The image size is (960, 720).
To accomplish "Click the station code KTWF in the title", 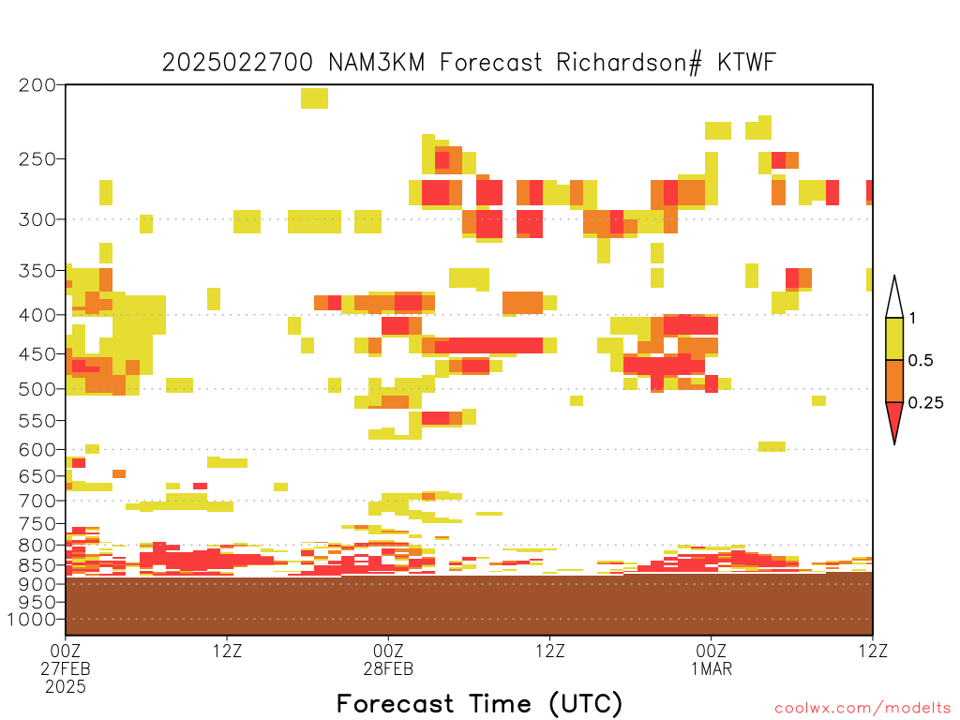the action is pos(746,63).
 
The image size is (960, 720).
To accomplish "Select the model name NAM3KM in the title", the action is pos(377,63).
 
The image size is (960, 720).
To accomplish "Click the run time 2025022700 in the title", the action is pos(237,63).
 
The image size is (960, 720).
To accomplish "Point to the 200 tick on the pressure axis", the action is pos(37,85).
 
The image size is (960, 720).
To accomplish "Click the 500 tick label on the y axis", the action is pos(37,389).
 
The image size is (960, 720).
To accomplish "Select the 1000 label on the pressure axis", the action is pos(32,620).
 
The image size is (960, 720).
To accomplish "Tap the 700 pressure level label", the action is pos(37,501).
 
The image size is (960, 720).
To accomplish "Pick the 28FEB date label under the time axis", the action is pos(388,668).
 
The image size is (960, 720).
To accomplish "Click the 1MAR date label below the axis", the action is pos(712,668).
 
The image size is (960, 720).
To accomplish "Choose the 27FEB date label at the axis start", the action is pos(66,668).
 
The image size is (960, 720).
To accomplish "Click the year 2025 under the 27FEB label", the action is pos(66,687).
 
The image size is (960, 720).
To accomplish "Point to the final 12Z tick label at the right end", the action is pos(873,651).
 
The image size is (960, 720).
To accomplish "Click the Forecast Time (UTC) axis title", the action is pos(479,704).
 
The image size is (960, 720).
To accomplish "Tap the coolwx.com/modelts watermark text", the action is pos(863,709).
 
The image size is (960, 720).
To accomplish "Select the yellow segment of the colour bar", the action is pos(894,338).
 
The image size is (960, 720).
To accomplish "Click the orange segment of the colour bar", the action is pos(894,381).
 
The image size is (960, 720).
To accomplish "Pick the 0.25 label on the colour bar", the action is pos(925,403).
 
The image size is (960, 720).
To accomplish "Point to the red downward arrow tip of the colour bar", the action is pos(894,443).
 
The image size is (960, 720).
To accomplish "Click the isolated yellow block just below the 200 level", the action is pos(314,98).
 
